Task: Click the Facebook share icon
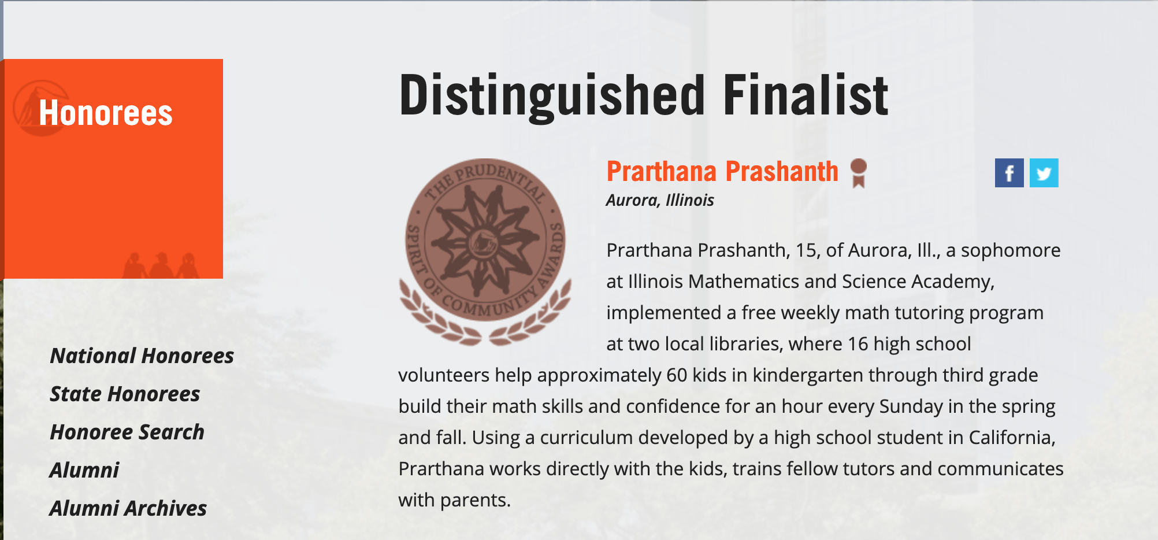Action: (x=1009, y=173)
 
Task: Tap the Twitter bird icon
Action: (x=1044, y=173)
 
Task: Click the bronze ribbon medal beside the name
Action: (x=859, y=173)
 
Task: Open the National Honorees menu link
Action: (x=142, y=356)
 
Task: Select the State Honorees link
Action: (x=125, y=394)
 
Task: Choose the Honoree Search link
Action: (x=127, y=432)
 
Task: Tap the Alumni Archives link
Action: (x=128, y=508)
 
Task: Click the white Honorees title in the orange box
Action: (x=106, y=113)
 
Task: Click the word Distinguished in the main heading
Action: (x=552, y=95)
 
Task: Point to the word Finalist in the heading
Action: (x=806, y=95)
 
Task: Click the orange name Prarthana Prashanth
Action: (x=722, y=172)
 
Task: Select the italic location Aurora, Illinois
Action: (x=660, y=200)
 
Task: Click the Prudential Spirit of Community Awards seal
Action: (x=485, y=252)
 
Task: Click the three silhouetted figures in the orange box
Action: (x=161, y=265)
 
